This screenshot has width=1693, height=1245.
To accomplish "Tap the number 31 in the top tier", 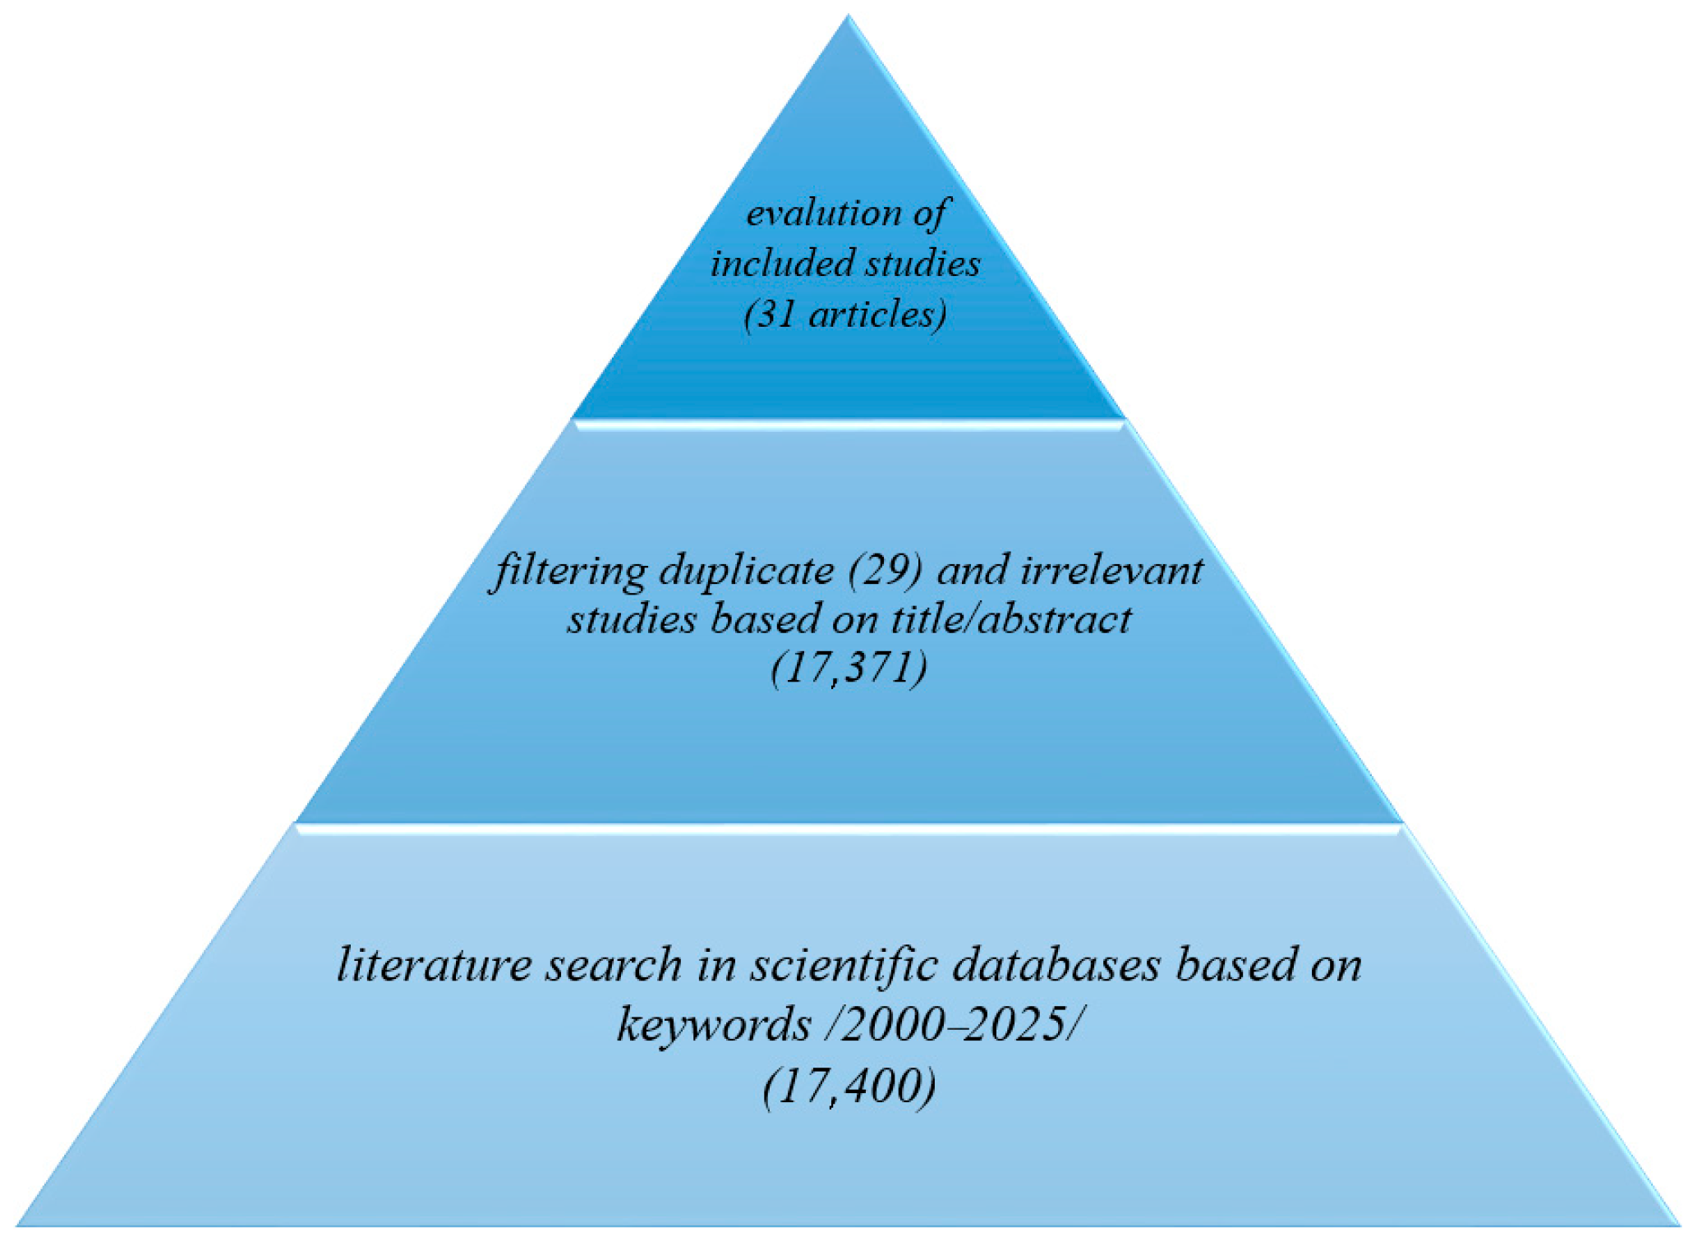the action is [x=774, y=315].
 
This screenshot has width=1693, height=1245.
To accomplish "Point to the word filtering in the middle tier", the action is [x=568, y=571].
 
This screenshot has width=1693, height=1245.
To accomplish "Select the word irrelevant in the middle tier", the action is [x=1112, y=571].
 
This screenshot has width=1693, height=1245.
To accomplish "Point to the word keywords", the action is [x=713, y=1025].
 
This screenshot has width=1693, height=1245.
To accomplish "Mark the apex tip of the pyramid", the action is [x=849, y=16].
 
